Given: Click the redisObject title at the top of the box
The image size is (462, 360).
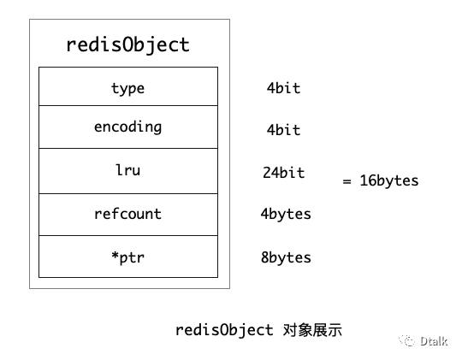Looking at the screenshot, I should click(x=127, y=44).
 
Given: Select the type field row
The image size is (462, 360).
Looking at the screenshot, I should click(x=127, y=88).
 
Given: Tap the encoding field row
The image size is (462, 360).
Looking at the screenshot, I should click(x=127, y=127).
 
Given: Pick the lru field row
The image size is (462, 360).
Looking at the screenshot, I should click(x=127, y=170).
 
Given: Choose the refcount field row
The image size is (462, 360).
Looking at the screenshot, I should click(x=127, y=214).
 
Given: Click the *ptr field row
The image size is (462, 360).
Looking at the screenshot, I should click(x=127, y=257).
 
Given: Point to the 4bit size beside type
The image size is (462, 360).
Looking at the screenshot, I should click(x=283, y=88).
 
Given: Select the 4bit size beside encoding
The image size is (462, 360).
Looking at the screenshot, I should click(x=283, y=130).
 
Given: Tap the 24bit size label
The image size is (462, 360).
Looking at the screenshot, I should click(x=283, y=173).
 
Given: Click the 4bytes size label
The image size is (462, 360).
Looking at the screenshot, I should click(x=286, y=214).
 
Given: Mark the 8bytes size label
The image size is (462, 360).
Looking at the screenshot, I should click(x=286, y=257).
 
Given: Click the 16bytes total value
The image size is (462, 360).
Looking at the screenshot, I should click(x=389, y=181).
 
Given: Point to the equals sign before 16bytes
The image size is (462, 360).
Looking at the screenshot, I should click(x=347, y=181).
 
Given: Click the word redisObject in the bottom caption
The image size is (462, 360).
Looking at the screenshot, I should click(x=224, y=329).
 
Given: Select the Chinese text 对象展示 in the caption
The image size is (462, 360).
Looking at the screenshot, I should click(x=311, y=329).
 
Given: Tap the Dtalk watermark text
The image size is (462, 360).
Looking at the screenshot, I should click(x=434, y=342).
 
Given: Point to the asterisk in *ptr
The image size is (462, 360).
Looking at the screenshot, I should click(x=114, y=256).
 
